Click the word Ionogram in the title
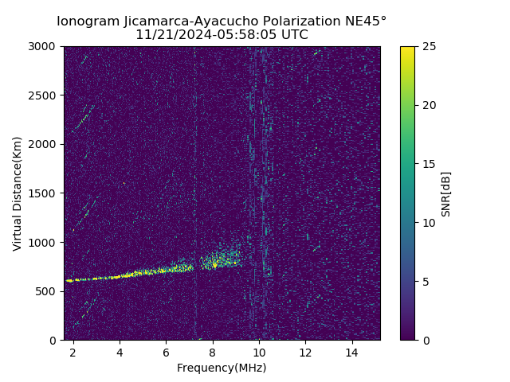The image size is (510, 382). pyautogui.click(x=88, y=21)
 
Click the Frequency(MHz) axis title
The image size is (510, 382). pyautogui.click(x=222, y=368)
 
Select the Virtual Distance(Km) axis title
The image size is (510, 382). pyautogui.click(x=18, y=193)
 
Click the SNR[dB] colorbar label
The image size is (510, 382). pyautogui.click(x=446, y=193)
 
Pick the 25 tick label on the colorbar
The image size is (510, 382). pyautogui.click(x=427, y=47)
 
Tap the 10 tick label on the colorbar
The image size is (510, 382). pyautogui.click(x=427, y=223)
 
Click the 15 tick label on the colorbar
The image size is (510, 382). pyautogui.click(x=427, y=164)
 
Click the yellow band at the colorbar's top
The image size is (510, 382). pyautogui.click(x=407, y=49)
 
